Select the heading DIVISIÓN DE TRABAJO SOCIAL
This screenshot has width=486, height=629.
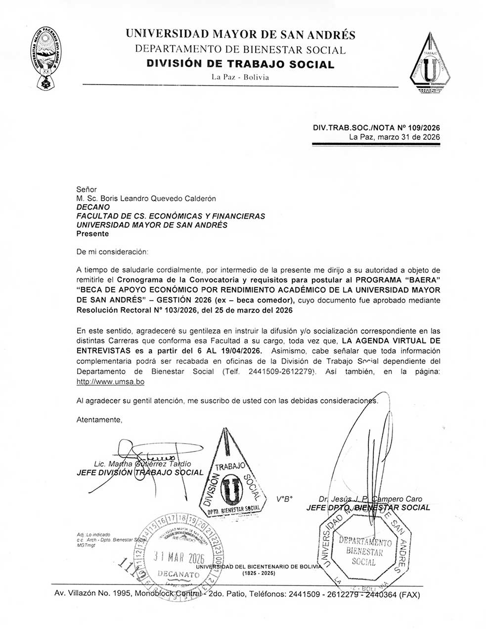[240, 64]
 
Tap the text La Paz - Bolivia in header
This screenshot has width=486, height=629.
[240, 77]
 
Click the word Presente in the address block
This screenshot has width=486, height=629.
[92, 234]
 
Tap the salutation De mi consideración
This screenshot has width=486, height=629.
[112, 252]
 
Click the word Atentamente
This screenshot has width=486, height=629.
[99, 419]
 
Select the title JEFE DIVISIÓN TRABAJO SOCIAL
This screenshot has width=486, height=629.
[140, 472]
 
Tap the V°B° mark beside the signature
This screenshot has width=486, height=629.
[283, 499]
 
